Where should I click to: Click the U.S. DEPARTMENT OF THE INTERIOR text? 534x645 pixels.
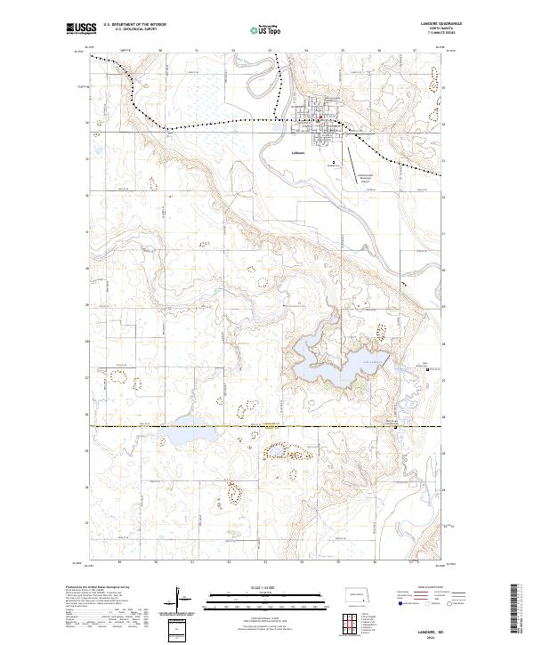click(x=134, y=24)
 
